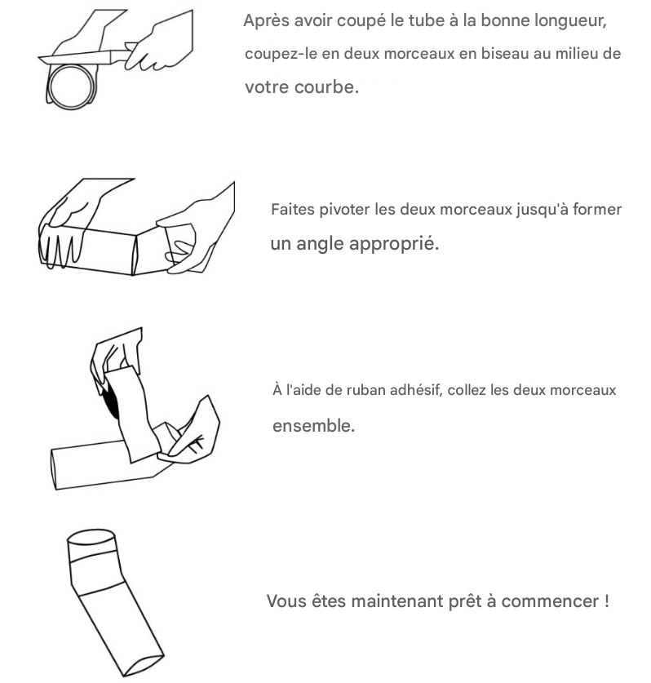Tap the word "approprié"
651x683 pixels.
tap(394, 244)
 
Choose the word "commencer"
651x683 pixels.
tap(550, 601)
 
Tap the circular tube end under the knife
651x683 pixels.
tap(71, 86)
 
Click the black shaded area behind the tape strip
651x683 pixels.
tap(112, 401)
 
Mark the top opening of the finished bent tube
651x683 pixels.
tap(91, 537)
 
